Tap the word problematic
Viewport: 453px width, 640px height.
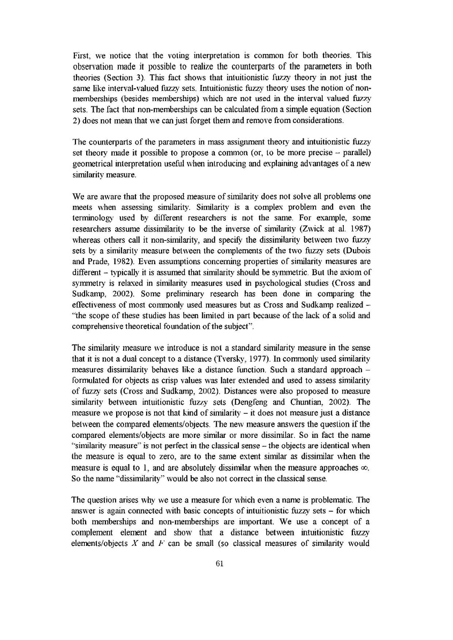coord(335,500)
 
